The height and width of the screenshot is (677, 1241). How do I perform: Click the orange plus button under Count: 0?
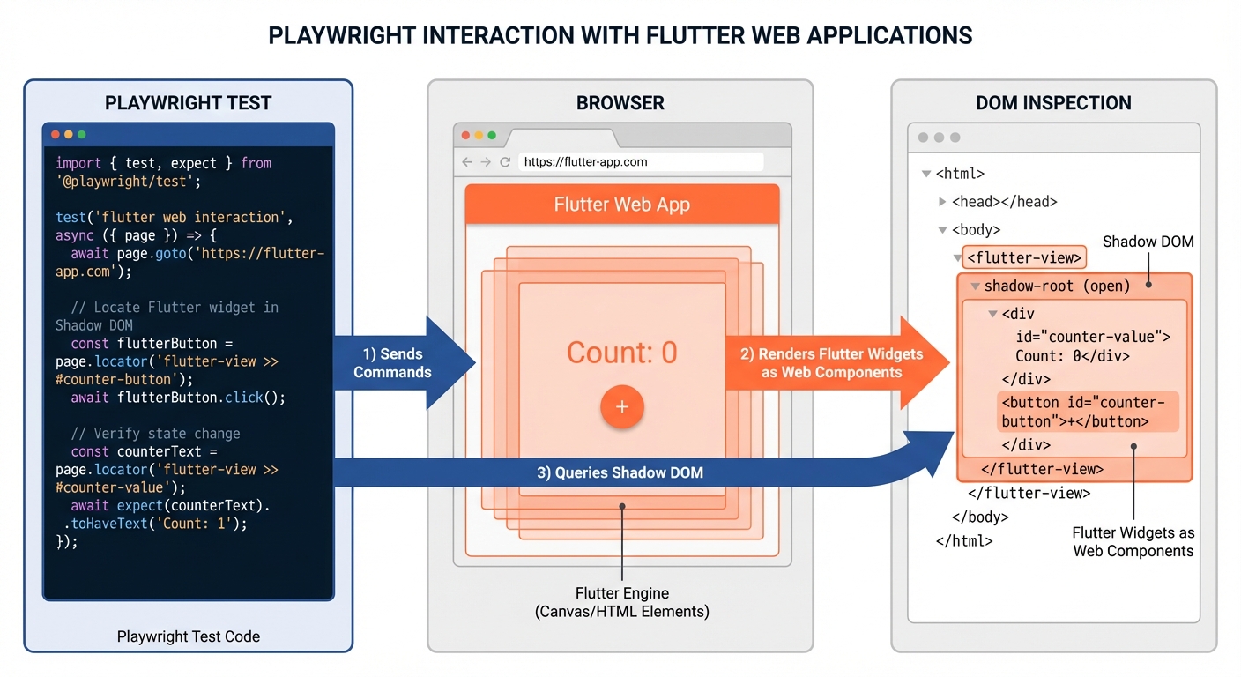622,407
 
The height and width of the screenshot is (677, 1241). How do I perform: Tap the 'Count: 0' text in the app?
621,353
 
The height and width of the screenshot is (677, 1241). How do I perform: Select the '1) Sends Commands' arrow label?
392,363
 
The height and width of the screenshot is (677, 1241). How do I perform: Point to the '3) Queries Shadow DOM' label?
620,472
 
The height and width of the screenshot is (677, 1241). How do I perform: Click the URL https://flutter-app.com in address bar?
585,162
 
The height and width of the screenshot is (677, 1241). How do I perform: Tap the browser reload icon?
505,162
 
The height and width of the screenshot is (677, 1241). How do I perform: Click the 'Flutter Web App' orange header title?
621,205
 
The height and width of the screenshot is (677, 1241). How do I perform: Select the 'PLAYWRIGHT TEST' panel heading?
188,103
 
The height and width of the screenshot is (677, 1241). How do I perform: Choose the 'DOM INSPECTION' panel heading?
1053,103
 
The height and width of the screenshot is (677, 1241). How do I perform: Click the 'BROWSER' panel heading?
620,103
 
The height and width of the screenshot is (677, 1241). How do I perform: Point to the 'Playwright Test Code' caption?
188,636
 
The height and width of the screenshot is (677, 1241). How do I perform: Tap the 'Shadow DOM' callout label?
1148,242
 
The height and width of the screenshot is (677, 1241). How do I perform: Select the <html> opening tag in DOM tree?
960,174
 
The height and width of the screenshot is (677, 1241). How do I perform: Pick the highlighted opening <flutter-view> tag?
1023,258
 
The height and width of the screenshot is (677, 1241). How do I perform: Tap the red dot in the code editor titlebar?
56,135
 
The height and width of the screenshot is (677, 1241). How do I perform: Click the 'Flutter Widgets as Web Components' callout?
1133,542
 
